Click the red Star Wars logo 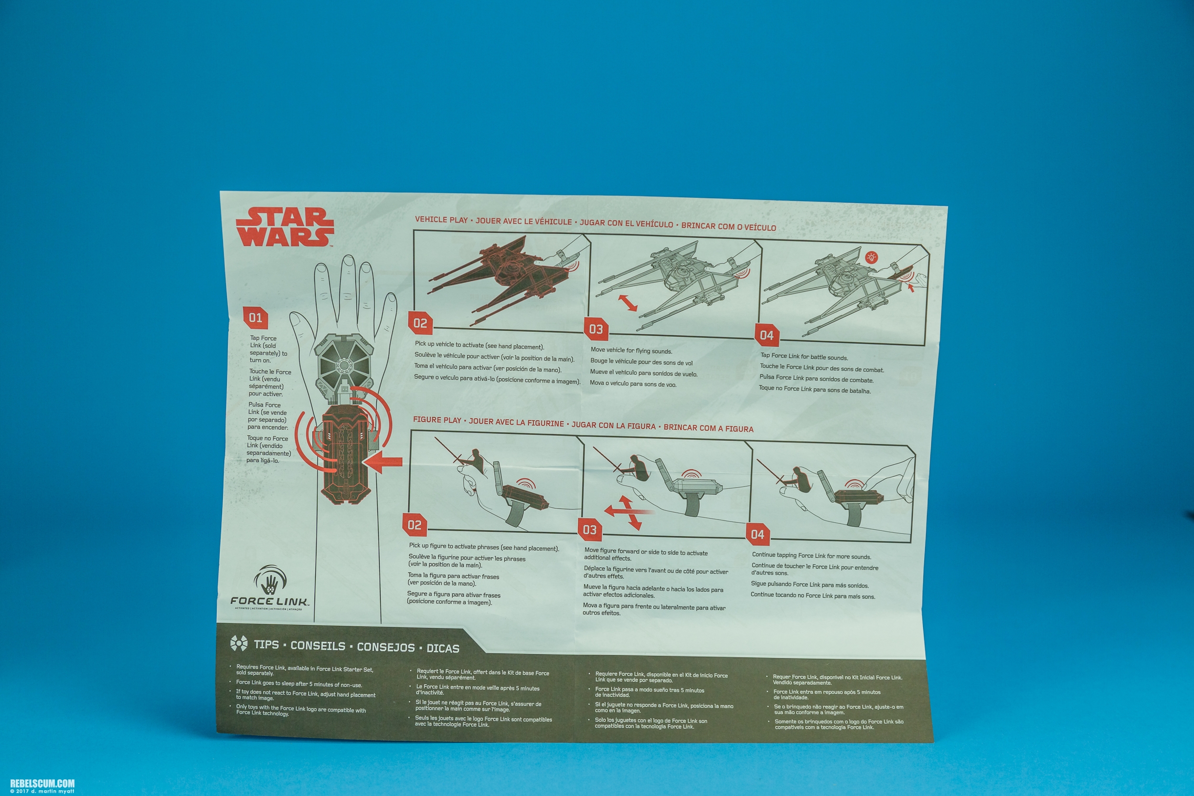(x=285, y=226)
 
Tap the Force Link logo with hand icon (x=269, y=588)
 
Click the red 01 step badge (x=256, y=318)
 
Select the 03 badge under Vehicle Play (x=596, y=329)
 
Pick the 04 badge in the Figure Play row (x=757, y=534)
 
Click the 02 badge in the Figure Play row (x=414, y=525)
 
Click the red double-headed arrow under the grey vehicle (x=629, y=303)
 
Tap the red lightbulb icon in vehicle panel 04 (x=871, y=257)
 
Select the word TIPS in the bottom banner (x=266, y=645)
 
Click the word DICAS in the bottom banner (x=443, y=648)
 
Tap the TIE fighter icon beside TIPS (x=239, y=643)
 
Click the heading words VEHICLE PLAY (x=441, y=220)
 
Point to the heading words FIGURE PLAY (x=437, y=420)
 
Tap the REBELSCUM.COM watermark (x=42, y=783)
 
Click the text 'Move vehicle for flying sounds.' (x=631, y=351)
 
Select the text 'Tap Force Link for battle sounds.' (x=804, y=357)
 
